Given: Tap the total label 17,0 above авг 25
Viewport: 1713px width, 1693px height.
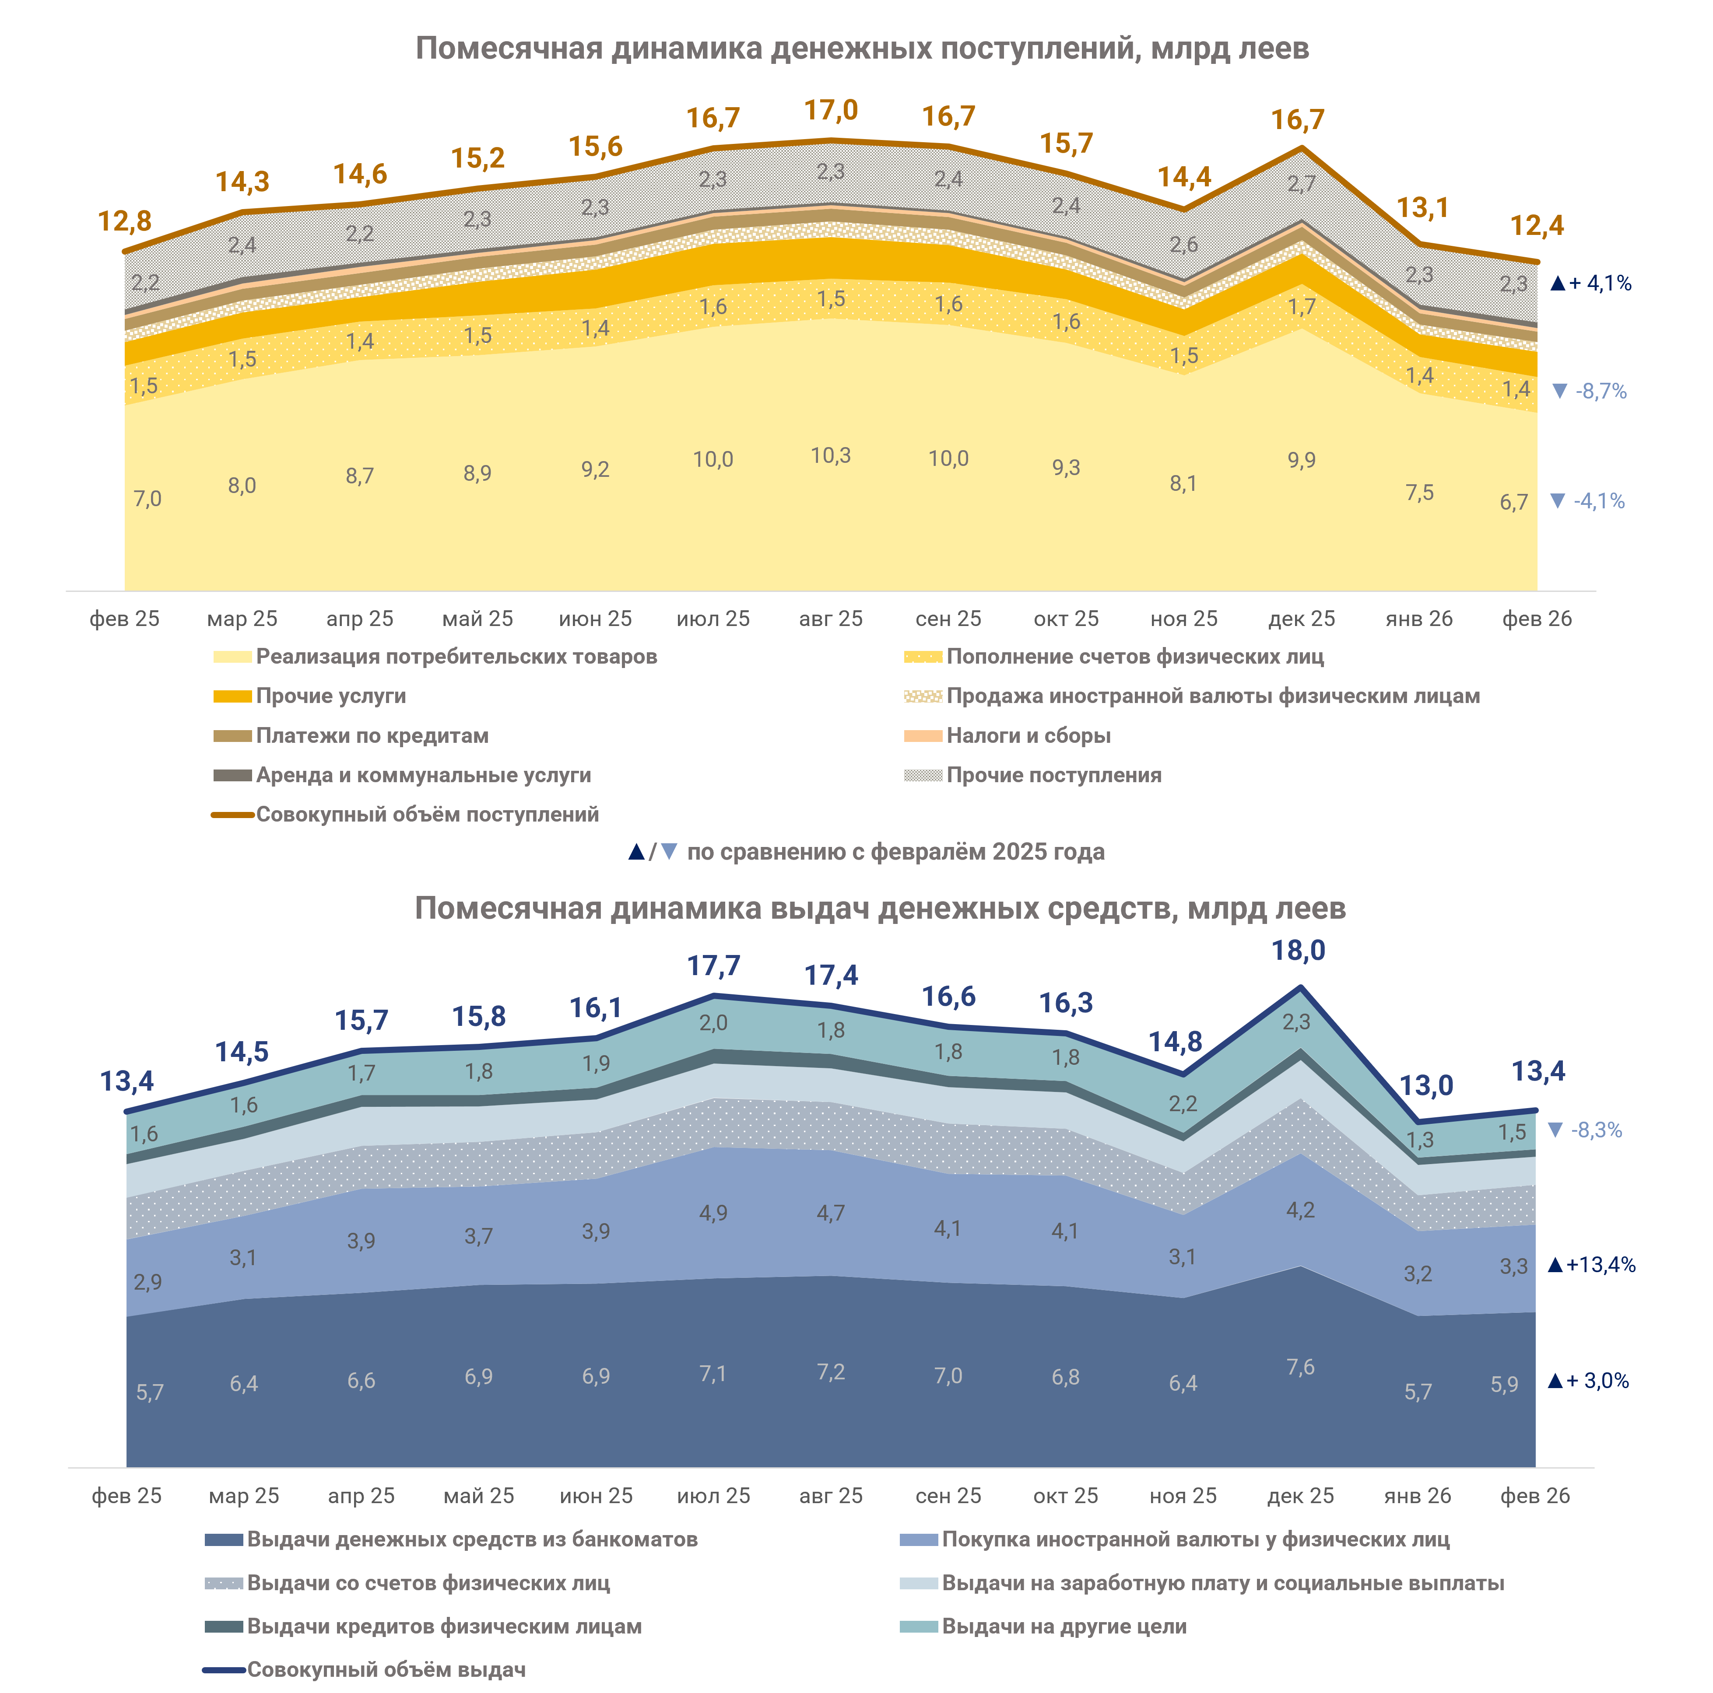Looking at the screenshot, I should [831, 111].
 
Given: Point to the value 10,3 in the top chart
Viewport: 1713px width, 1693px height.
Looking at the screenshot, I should [831, 455].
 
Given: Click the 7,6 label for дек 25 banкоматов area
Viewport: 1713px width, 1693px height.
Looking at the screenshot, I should [1301, 1367].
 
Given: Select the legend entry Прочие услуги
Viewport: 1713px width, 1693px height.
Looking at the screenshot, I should [331, 696].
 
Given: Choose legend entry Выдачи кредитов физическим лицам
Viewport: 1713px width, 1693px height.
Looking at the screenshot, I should [443, 1627].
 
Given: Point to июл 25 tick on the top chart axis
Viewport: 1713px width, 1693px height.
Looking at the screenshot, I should [713, 619].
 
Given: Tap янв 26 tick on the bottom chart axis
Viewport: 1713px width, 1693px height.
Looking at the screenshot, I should [1418, 1496].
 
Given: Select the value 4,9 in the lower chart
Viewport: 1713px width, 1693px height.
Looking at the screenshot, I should [713, 1213].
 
